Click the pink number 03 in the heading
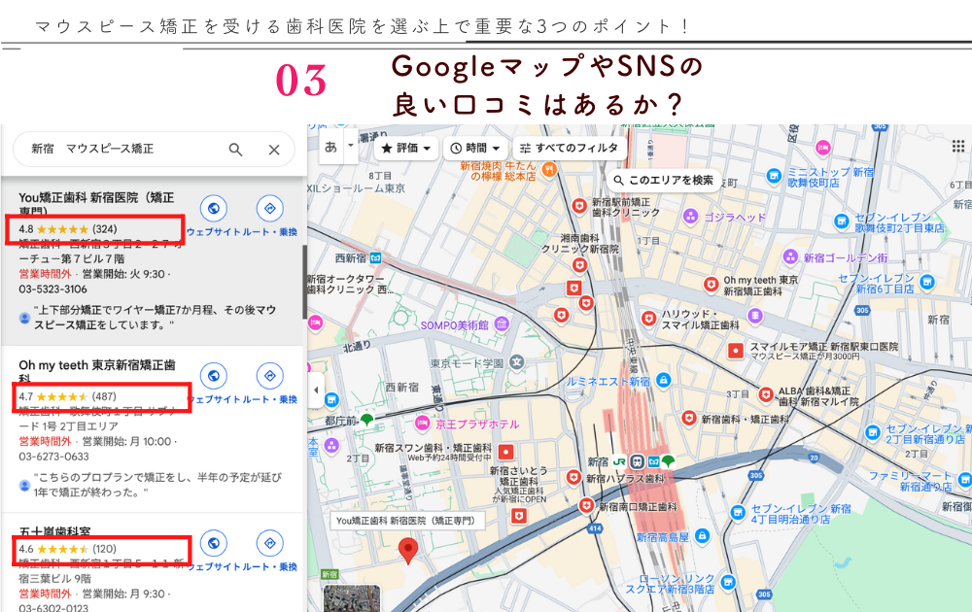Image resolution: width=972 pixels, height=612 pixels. tap(301, 81)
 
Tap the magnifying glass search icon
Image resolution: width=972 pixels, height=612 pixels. tap(236, 149)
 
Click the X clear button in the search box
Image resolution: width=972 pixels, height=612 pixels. tap(274, 149)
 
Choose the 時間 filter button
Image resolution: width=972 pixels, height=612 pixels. tap(475, 148)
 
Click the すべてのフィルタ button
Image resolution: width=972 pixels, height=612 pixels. tap(569, 148)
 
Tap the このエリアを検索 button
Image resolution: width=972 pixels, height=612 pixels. tap(664, 180)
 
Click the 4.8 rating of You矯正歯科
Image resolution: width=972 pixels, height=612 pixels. tap(26, 229)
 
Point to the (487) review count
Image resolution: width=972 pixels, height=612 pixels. tap(104, 396)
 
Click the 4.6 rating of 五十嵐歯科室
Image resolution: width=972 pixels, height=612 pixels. tap(26, 549)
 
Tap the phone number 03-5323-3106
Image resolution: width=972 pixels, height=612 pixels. tap(52, 289)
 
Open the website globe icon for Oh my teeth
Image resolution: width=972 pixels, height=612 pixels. tap(213, 375)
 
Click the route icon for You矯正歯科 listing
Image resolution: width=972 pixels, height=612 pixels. tap(269, 208)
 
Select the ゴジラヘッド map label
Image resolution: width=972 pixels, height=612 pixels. tap(735, 218)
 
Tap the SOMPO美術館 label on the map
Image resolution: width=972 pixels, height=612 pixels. tap(454, 324)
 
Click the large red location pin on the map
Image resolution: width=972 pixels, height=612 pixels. tap(409, 551)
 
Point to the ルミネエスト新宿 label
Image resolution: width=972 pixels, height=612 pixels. tap(608, 382)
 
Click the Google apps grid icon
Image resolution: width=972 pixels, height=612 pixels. tap(958, 147)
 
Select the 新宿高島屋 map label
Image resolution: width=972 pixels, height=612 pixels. tap(663, 537)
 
